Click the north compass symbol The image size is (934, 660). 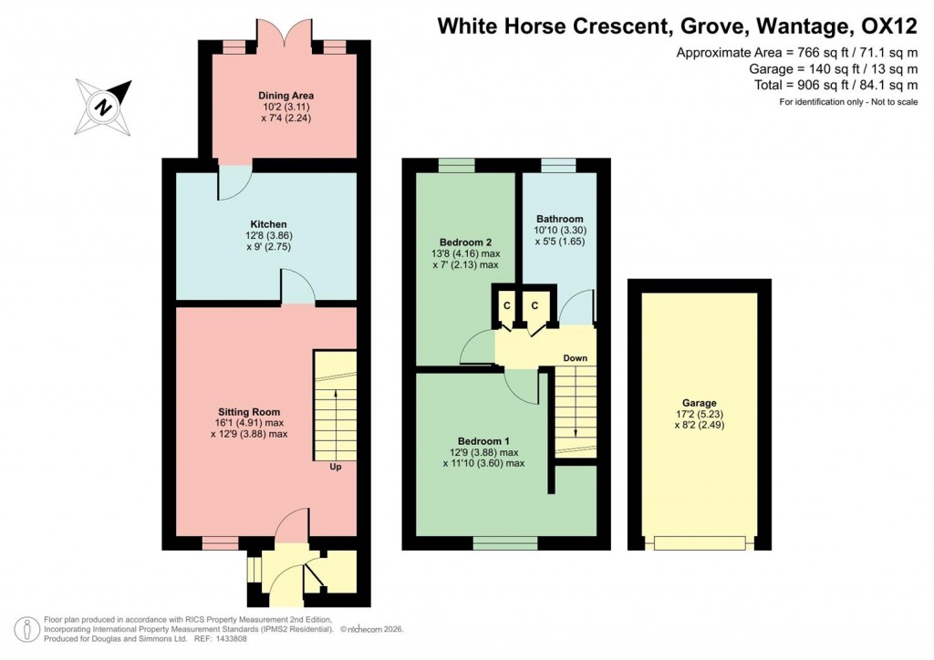coord(105,106)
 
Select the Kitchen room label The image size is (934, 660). coord(269,224)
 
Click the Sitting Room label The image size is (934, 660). coord(248,411)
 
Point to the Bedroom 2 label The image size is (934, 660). coord(467,242)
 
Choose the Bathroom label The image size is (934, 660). coord(559,219)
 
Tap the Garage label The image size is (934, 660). coord(700,403)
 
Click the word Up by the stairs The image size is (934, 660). coord(337,468)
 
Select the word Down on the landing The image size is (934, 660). coord(575,358)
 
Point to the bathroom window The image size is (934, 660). coord(558,165)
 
